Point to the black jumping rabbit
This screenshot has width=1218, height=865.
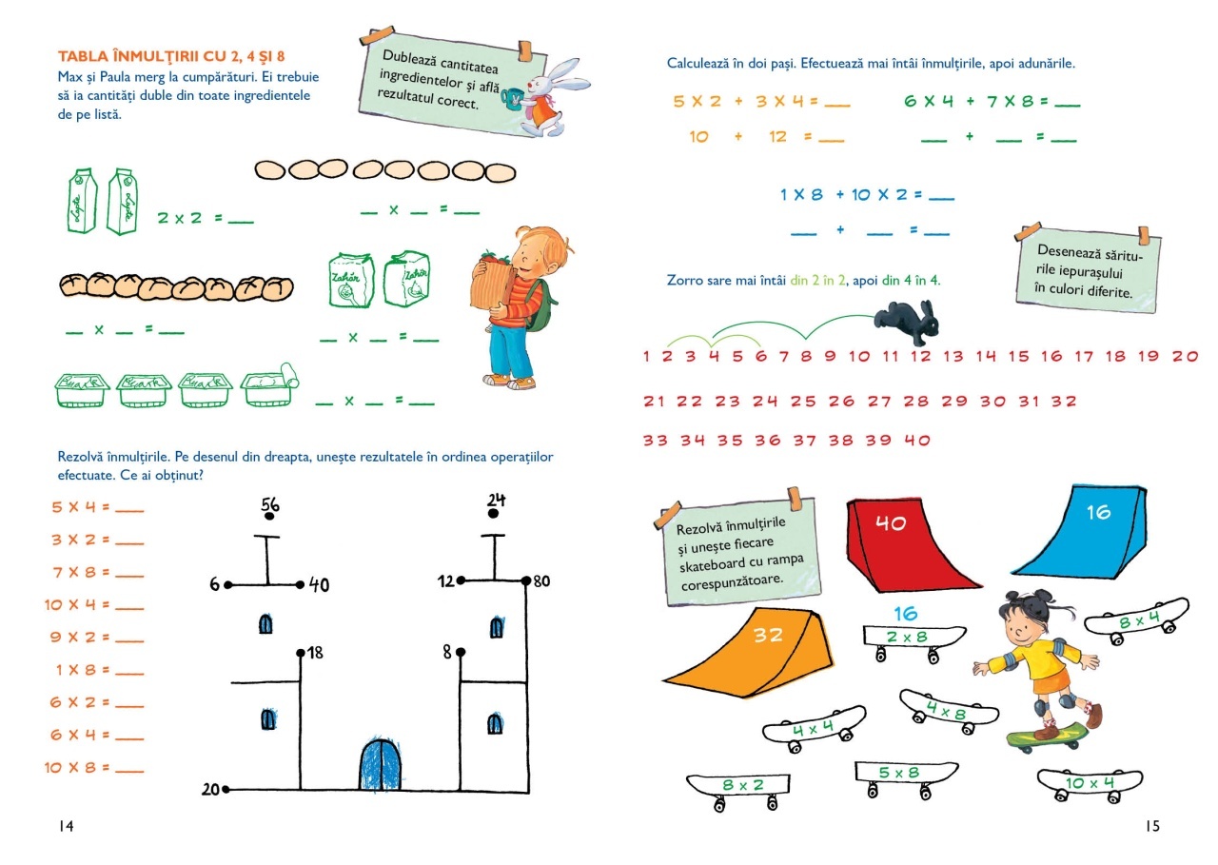pyautogui.click(x=907, y=322)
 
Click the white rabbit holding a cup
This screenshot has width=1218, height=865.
pyautogui.click(x=544, y=95)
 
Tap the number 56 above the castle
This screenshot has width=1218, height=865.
pyautogui.click(x=269, y=505)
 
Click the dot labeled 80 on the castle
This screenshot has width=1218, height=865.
pyautogui.click(x=526, y=580)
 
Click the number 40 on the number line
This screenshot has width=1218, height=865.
pyautogui.click(x=916, y=441)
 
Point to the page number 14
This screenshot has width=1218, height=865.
pyautogui.click(x=66, y=826)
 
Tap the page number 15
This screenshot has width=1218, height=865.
pyautogui.click(x=1151, y=826)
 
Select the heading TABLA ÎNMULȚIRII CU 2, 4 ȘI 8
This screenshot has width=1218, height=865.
pyautogui.click(x=171, y=56)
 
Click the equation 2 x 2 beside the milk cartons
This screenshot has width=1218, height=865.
pyautogui.click(x=181, y=218)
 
